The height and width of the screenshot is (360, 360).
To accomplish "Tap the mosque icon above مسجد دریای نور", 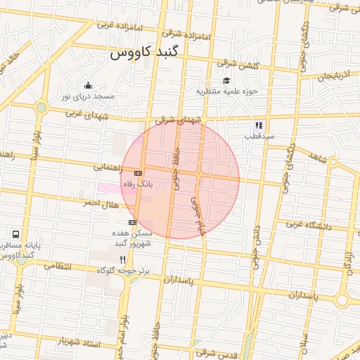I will coord(87,85).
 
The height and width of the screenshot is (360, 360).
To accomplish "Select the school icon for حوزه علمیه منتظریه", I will coord(226,81).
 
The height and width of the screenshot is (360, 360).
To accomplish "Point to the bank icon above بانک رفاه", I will coord(138,172).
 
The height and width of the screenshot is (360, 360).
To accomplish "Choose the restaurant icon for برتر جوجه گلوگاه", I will coord(123,259).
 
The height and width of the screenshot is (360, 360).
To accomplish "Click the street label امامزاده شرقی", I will coord(184,32).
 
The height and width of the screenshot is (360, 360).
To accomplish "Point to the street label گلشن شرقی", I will coord(239,65).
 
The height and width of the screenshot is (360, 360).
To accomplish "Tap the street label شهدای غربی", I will coord(87,113).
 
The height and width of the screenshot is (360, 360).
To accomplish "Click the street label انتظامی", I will coord(69,268).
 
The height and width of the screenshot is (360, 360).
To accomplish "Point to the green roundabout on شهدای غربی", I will coord(41,108).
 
